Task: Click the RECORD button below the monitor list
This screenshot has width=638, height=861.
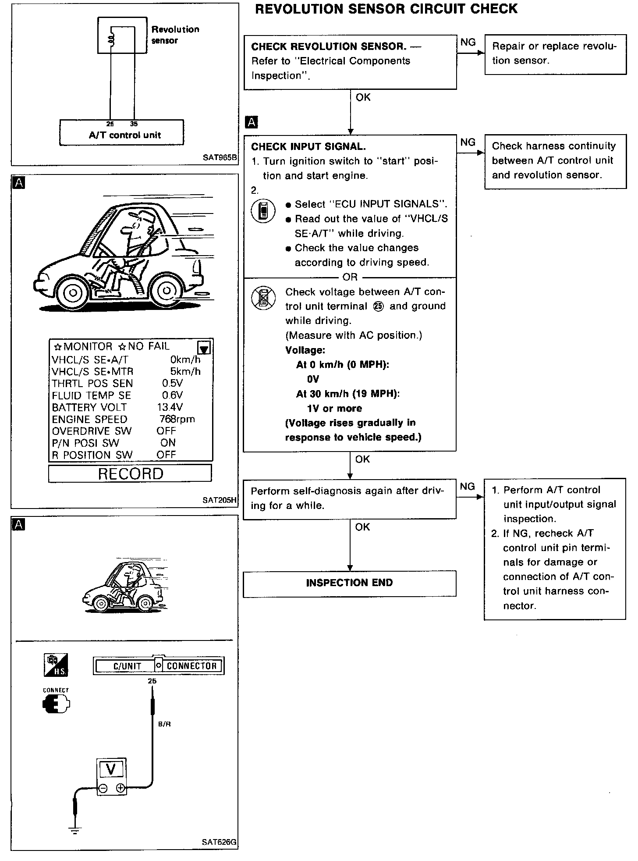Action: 130,473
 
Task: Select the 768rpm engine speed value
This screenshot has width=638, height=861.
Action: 177,419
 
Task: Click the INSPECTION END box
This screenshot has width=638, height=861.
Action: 349,583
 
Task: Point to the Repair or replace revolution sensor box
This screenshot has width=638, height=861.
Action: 555,54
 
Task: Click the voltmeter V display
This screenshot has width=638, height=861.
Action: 111,769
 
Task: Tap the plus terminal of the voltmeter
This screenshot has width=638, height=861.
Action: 121,788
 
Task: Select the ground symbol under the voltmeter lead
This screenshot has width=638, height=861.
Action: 75,829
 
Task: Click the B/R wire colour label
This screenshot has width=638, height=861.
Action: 164,724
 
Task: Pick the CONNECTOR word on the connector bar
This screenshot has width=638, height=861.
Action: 191,666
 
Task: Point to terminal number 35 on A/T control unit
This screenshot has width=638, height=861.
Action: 134,124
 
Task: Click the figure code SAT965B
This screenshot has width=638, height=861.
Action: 220,157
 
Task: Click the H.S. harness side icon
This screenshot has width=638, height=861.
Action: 57,665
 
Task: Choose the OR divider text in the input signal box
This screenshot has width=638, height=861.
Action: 350,277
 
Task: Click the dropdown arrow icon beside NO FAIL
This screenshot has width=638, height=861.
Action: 204,348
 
